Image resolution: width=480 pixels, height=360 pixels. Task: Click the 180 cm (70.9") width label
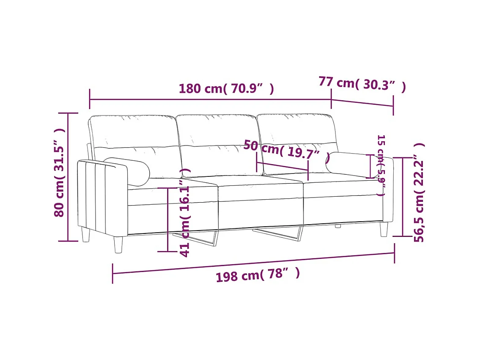[226, 89]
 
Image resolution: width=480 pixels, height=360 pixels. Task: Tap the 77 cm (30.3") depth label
[362, 84]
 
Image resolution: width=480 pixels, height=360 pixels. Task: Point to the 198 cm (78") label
[258, 275]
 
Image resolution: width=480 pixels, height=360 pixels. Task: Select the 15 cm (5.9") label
[381, 165]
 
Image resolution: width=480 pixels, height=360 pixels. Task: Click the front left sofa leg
[118, 245]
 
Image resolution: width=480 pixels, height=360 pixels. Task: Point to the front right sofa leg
[384, 229]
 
